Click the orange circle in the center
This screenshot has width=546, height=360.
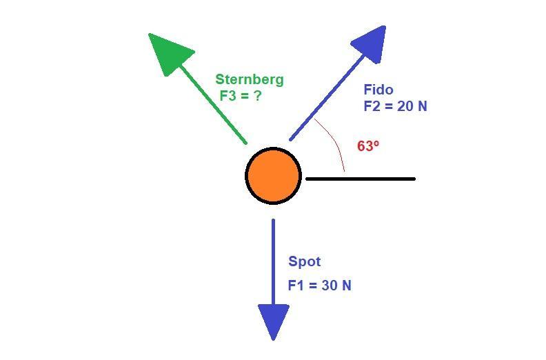273,176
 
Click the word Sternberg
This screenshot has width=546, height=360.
249,79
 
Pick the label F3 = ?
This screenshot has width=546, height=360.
241,96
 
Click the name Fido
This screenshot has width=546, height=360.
378,90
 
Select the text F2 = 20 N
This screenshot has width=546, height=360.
395,106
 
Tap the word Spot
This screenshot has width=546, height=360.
304,261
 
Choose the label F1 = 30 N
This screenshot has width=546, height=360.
319,285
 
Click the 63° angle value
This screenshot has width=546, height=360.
368,146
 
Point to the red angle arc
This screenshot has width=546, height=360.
334,141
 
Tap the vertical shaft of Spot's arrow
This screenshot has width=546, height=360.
273,262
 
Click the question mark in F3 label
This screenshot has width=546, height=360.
257,96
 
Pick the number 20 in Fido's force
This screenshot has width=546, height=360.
407,106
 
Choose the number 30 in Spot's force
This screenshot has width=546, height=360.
331,285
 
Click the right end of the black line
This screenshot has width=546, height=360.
413,179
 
